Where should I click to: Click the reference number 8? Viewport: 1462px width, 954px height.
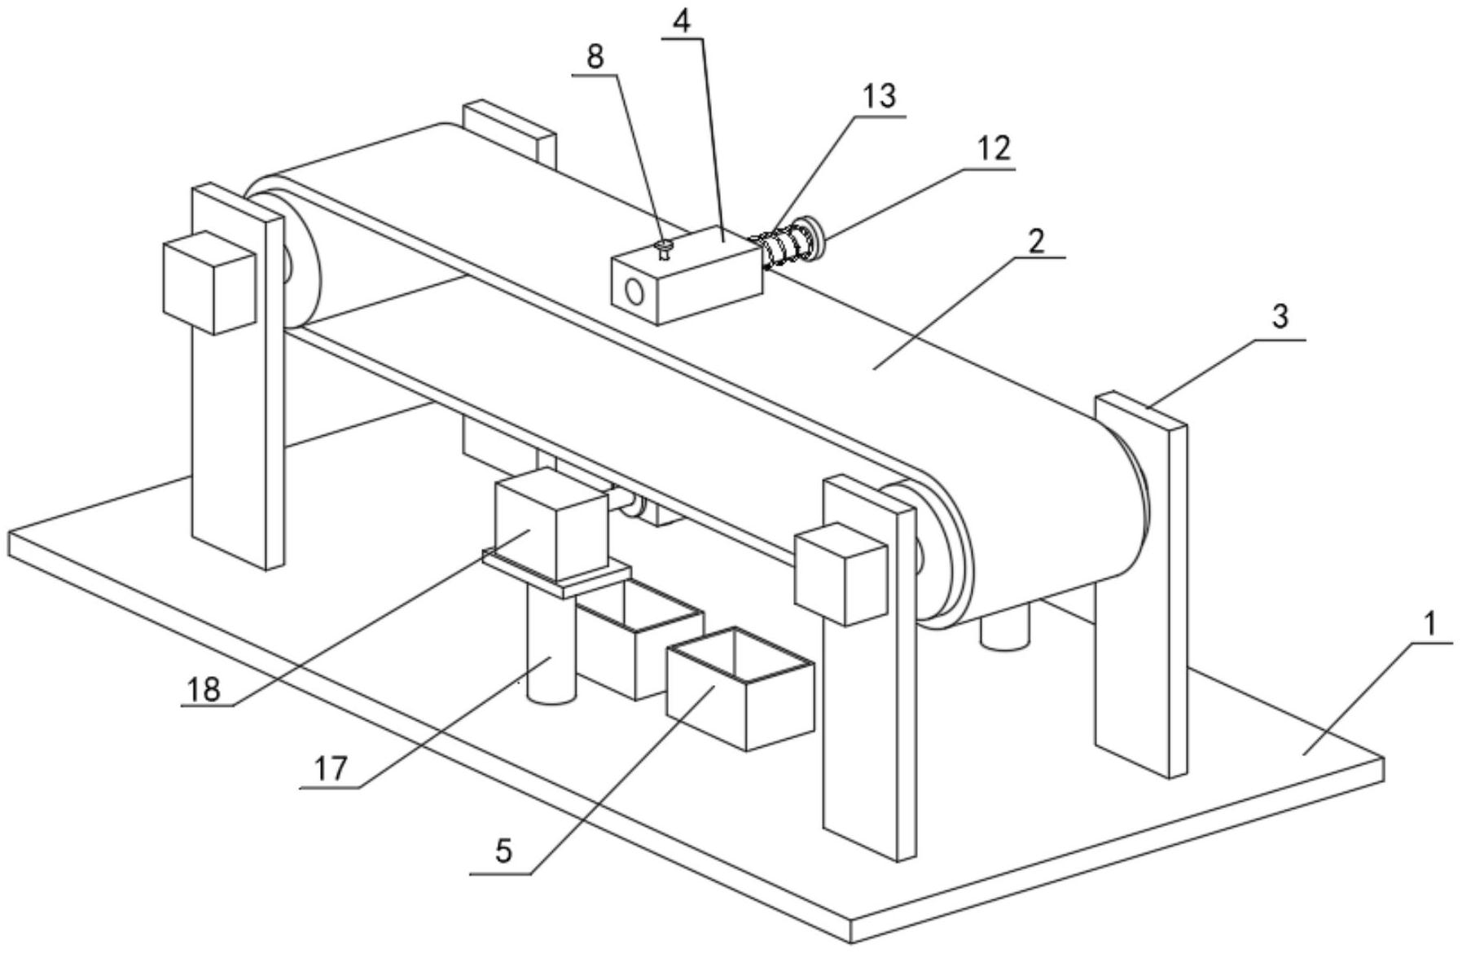(595, 57)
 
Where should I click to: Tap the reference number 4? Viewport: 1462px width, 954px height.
(682, 20)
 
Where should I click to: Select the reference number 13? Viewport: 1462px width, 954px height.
(880, 96)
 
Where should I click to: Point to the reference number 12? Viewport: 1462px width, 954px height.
(994, 148)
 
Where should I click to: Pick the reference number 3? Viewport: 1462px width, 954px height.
(1280, 316)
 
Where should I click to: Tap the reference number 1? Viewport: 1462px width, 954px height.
(1431, 624)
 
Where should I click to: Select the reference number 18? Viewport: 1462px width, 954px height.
(204, 690)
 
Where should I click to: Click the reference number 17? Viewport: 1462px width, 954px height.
(331, 768)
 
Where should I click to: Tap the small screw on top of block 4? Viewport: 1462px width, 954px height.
(665, 248)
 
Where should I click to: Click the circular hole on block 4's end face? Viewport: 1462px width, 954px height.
(634, 291)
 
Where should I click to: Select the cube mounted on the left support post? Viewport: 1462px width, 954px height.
(210, 283)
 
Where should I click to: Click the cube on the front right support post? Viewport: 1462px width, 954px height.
(841, 574)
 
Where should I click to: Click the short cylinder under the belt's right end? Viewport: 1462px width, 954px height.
(1005, 627)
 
